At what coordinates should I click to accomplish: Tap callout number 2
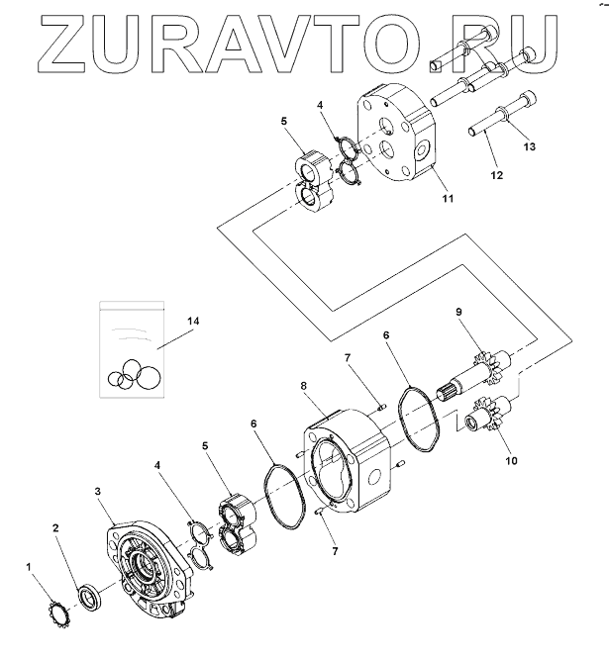point(56,529)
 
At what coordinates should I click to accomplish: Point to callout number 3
point(97,491)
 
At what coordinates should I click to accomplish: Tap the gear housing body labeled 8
point(347,460)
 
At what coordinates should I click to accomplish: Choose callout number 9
point(458,313)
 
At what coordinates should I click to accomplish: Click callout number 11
point(447,199)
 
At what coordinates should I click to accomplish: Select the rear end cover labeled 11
point(401,139)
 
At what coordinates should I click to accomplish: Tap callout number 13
point(529,147)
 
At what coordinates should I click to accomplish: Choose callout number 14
point(192,322)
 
